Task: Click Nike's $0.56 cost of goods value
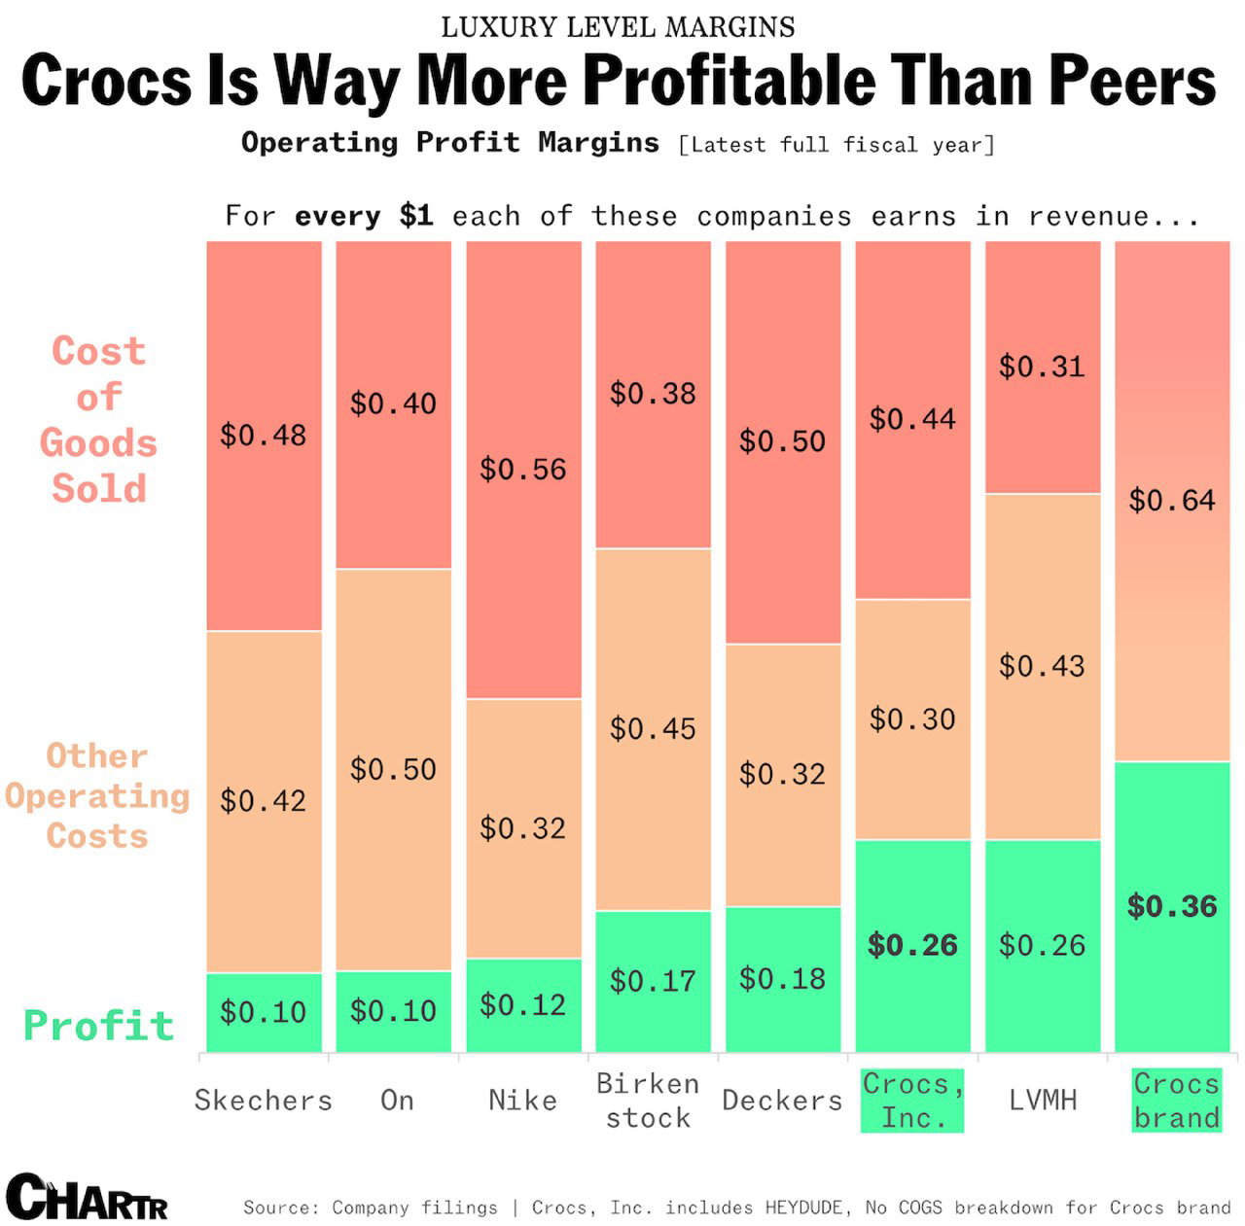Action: tap(522, 470)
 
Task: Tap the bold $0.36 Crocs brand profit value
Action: tap(1171, 906)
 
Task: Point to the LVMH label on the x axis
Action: tap(1043, 1100)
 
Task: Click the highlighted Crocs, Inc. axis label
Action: tap(912, 1101)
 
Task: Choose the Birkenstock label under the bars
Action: tap(649, 1101)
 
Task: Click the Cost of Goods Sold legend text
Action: tap(98, 419)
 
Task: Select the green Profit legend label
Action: tap(98, 1025)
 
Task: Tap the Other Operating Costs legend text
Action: tap(97, 795)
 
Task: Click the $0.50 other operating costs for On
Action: tap(393, 769)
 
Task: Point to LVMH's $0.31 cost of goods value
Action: tap(1042, 367)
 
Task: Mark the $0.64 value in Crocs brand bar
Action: tap(1171, 500)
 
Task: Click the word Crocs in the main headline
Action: tap(106, 80)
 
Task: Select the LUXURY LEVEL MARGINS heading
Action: tap(618, 26)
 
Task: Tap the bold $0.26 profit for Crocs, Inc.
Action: tap(912, 945)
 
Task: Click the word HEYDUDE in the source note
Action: tap(804, 1208)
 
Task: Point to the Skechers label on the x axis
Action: tap(264, 1100)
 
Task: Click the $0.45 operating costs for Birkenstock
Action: tap(653, 728)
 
